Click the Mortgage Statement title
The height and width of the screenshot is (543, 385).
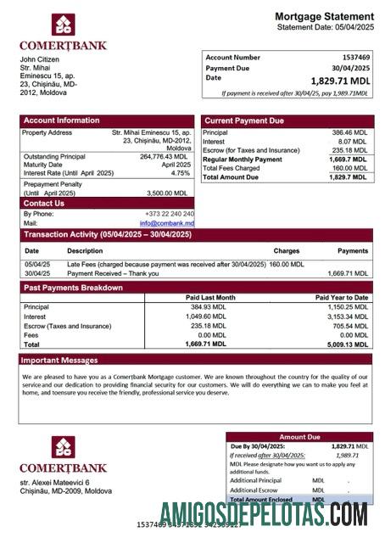(324, 16)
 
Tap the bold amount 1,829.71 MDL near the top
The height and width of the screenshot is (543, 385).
(341, 81)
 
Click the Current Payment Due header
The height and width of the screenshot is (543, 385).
(244, 120)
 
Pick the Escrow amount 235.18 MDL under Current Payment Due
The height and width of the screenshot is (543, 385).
(349, 150)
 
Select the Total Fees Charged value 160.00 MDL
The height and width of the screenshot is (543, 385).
(349, 168)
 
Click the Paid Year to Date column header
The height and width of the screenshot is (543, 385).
(342, 298)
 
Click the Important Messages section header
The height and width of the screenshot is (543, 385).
(62, 360)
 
